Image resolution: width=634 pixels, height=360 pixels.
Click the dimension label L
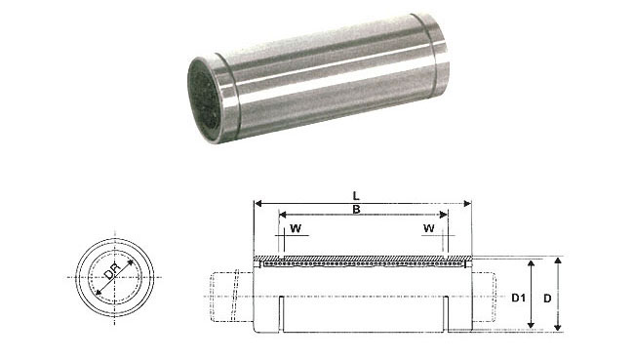click(356, 196)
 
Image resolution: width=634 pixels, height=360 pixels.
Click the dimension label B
click(356, 210)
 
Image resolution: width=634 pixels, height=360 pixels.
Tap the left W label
click(296, 228)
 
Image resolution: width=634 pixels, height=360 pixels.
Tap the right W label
click(428, 228)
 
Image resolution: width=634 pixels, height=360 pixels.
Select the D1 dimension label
click(518, 299)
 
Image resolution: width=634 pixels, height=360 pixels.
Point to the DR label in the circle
click(112, 271)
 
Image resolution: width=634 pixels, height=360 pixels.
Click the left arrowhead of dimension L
click(258, 204)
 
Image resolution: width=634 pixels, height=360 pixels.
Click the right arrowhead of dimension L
click(467, 204)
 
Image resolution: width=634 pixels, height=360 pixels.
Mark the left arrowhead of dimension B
click(283, 215)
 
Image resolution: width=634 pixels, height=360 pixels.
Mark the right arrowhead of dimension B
click(444, 215)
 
